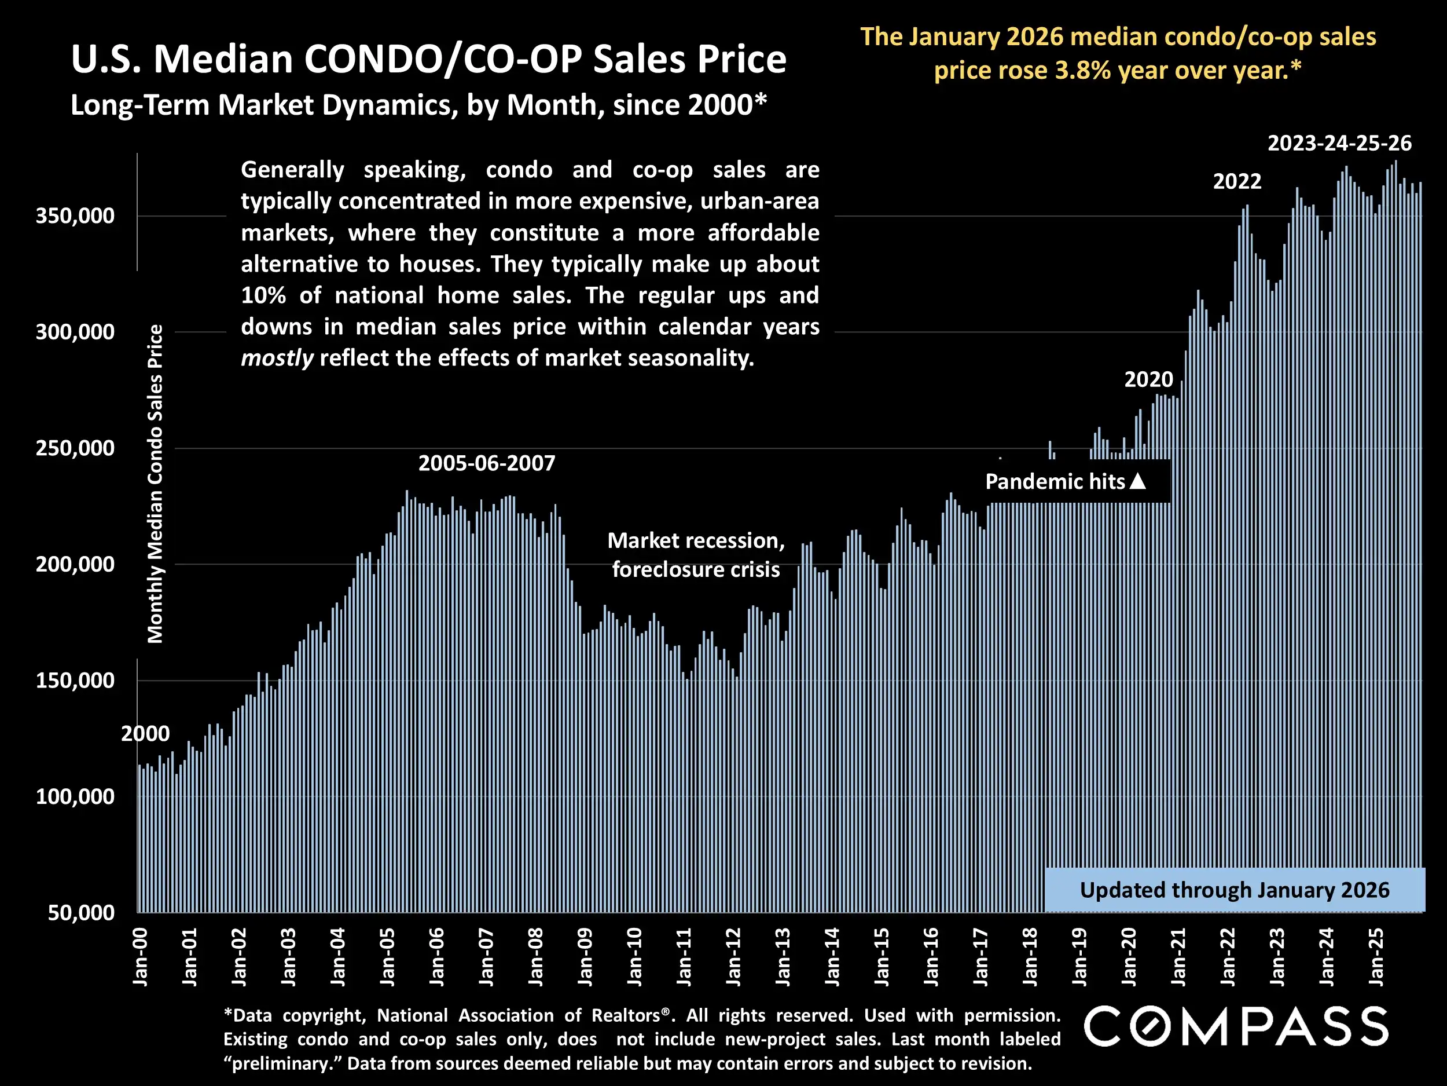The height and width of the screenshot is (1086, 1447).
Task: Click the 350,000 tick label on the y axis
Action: (x=75, y=216)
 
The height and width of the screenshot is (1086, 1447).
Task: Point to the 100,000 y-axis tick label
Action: (x=75, y=796)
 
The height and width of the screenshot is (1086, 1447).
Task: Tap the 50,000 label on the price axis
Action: (x=81, y=912)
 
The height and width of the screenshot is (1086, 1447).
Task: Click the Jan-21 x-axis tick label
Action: (x=1178, y=957)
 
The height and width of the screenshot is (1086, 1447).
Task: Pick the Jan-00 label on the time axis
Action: (x=140, y=957)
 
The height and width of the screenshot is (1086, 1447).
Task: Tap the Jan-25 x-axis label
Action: (x=1376, y=957)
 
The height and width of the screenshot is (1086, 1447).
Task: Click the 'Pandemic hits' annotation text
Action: (x=1055, y=482)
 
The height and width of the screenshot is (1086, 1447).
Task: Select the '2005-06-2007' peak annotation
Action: (x=487, y=463)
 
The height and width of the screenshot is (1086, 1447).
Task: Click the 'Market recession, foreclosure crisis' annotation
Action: (x=696, y=555)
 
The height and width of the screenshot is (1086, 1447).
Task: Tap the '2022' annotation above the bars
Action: (x=1237, y=181)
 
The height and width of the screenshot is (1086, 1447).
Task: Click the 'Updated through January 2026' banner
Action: (x=1235, y=890)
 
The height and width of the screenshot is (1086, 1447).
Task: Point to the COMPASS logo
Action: (x=1236, y=1026)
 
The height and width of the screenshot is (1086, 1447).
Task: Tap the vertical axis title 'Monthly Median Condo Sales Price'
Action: (x=155, y=484)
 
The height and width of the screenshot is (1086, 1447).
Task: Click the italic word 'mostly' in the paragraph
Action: (x=277, y=358)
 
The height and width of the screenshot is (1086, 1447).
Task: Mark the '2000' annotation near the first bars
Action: (x=145, y=734)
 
